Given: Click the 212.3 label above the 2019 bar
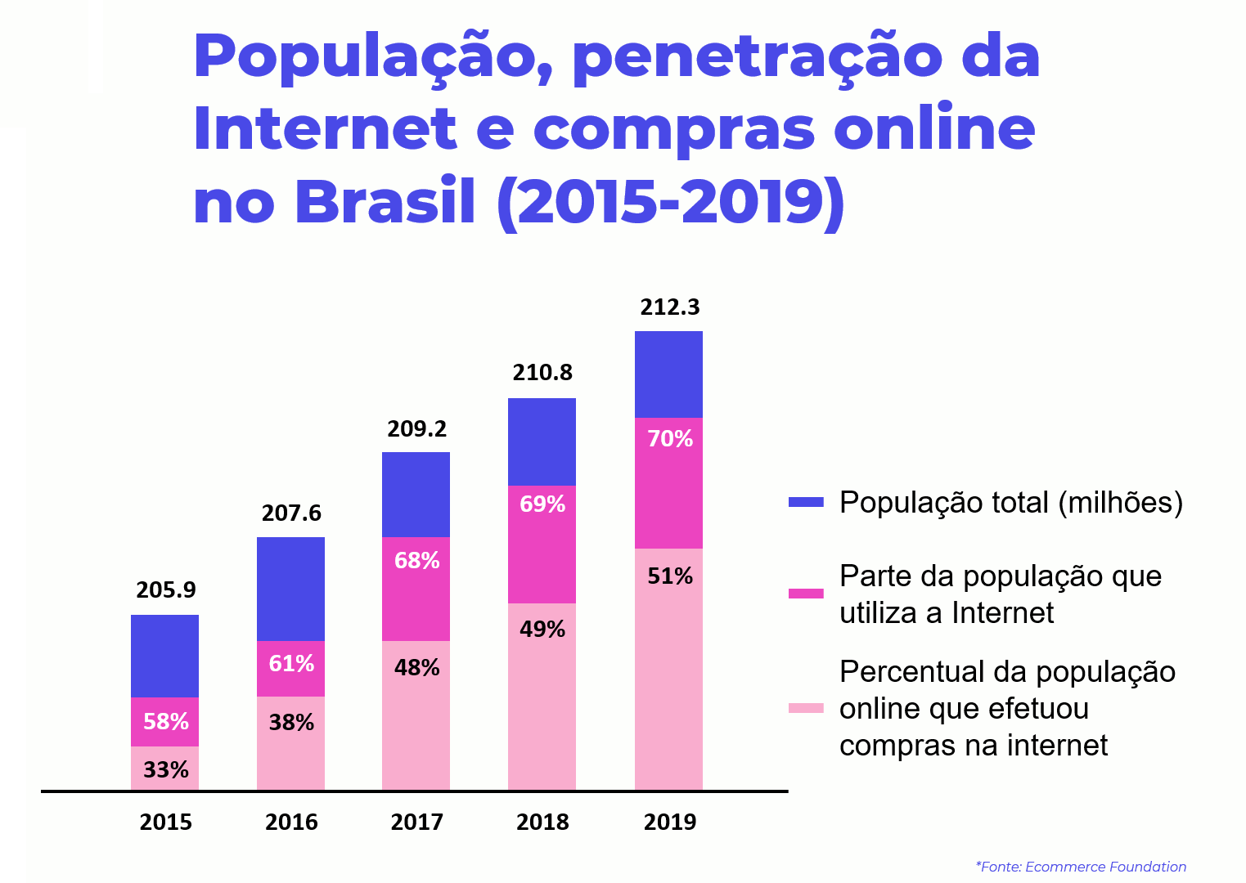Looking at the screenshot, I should click(669, 307).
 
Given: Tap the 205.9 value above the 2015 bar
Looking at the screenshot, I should click(165, 590).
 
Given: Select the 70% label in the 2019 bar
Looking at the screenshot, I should click(669, 439).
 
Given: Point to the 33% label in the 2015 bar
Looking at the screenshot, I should click(165, 770).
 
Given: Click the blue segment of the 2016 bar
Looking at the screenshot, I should click(290, 589).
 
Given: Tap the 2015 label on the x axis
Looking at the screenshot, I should click(165, 822).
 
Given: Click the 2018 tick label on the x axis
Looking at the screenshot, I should click(542, 822).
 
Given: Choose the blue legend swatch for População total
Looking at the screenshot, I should click(806, 502).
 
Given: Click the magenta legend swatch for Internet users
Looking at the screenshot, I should click(806, 593).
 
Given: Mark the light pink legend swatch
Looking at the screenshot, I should click(806, 708).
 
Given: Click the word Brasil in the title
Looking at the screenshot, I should click(385, 202).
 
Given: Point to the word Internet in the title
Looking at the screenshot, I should click(323, 129).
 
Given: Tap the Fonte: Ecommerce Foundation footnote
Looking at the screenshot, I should click(1081, 867).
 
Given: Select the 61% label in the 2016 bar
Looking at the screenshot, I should click(290, 664).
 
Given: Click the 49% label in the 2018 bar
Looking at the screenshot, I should click(542, 630).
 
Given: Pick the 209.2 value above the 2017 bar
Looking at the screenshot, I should click(416, 429).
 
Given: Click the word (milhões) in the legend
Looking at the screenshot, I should click(1120, 502).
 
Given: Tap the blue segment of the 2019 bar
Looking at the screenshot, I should click(668, 374).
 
